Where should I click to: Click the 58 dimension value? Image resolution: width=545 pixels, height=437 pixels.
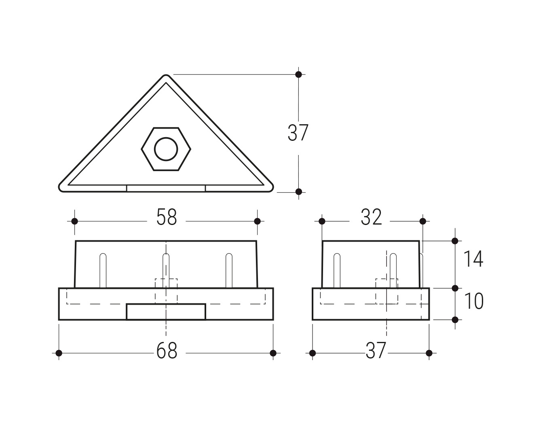167,217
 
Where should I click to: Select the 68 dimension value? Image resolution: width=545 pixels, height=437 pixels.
167,350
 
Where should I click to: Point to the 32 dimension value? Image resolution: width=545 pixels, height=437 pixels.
371,217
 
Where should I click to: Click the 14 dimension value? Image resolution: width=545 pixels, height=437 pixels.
473,259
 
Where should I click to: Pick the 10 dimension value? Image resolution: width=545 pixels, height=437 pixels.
473,301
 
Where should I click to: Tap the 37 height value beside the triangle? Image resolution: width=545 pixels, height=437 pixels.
298,133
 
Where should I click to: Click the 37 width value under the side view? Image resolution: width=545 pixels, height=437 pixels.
376,350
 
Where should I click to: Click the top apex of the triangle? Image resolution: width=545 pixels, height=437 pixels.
166,75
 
